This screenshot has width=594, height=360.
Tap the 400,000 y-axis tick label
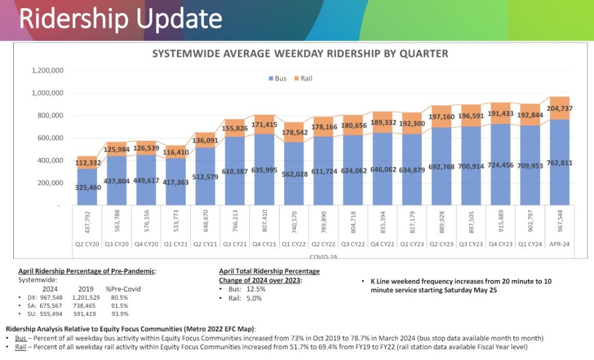[x=50, y=161]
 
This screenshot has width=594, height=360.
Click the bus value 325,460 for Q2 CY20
[x=87, y=187]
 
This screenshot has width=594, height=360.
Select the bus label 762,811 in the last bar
[x=560, y=163]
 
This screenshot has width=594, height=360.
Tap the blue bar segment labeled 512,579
[x=205, y=176]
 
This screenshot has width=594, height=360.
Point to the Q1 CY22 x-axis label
[x=294, y=245]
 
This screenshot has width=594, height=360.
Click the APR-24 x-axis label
[x=560, y=245]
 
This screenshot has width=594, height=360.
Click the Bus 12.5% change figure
[x=255, y=289]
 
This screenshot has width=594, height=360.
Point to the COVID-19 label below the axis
[x=323, y=256]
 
